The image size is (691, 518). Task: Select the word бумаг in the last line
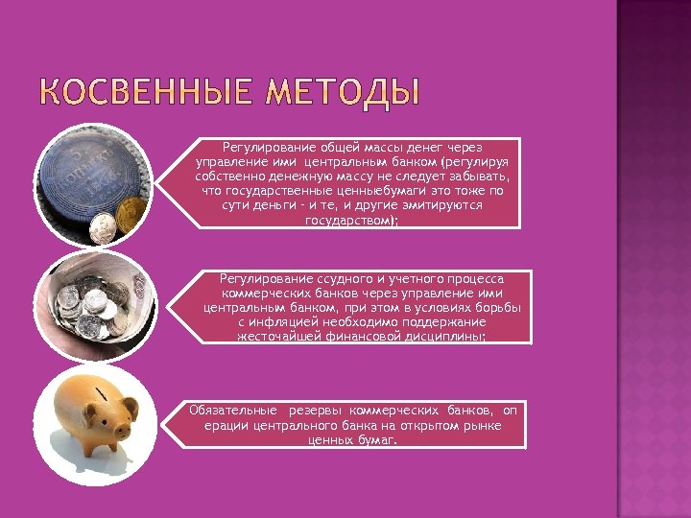(x=377, y=439)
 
